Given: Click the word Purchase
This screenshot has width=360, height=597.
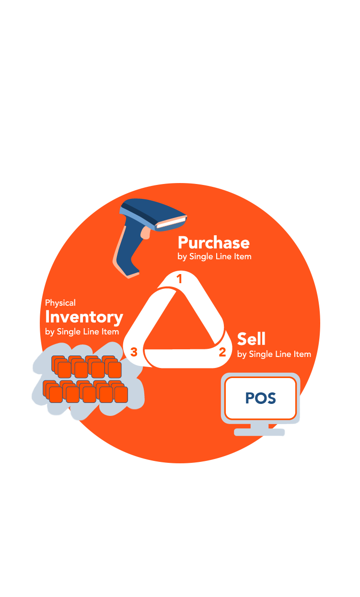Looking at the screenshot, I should point(213,242).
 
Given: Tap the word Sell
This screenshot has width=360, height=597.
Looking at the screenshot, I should point(251,339).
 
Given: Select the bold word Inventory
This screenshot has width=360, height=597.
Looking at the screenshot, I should point(84,317).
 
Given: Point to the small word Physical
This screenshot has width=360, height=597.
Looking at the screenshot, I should point(60,303).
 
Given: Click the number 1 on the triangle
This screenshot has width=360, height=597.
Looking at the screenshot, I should point(180,279).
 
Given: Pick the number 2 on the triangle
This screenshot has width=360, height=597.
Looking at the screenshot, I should point(222,353).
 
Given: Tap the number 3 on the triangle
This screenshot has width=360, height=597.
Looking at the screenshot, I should point(134,353).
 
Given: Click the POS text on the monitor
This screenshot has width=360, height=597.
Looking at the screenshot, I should point(260,398).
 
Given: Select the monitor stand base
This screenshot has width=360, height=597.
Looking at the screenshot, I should point(259,432).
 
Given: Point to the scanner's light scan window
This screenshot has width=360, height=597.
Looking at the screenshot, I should point(171,222).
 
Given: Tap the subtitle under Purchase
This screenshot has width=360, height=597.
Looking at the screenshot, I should point(214,257).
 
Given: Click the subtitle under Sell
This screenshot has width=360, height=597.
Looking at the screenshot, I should point(274,355).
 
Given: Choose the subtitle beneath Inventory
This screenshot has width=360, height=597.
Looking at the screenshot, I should point(82,332).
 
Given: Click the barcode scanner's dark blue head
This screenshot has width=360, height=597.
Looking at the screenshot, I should point(149,211).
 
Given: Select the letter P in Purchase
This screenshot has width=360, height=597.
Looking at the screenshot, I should point(183,242).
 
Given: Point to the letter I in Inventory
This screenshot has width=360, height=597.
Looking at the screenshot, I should point(47,317).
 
